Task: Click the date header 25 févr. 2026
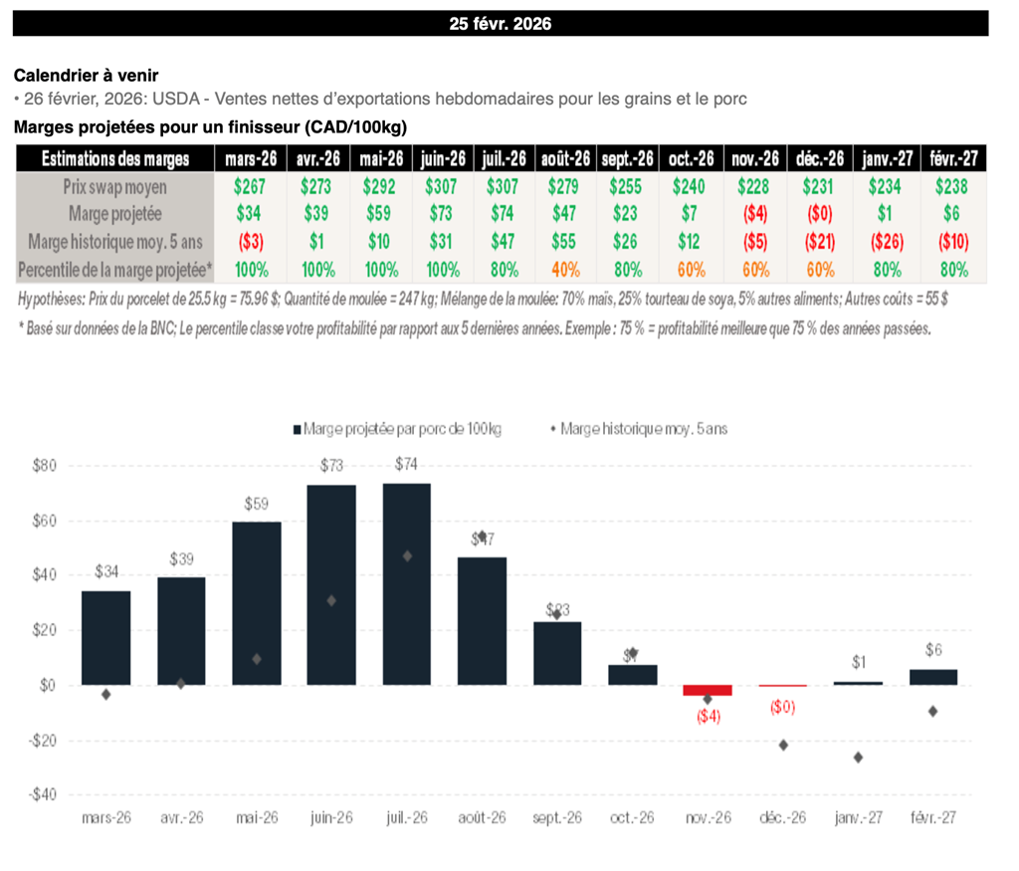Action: (500, 24)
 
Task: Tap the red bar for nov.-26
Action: (708, 690)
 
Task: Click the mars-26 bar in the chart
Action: (105, 637)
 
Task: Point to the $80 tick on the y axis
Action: (46, 466)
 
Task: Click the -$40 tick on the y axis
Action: (44, 795)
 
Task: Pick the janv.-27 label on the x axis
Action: (858, 817)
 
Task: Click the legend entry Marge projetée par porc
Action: (398, 429)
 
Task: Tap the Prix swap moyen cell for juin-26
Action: (444, 186)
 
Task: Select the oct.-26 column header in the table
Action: (692, 158)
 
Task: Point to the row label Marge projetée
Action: (114, 214)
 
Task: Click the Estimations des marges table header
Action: (114, 158)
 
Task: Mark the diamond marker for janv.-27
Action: (858, 758)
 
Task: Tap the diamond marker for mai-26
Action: (257, 659)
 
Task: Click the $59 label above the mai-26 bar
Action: (257, 504)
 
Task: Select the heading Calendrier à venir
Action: (86, 76)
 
